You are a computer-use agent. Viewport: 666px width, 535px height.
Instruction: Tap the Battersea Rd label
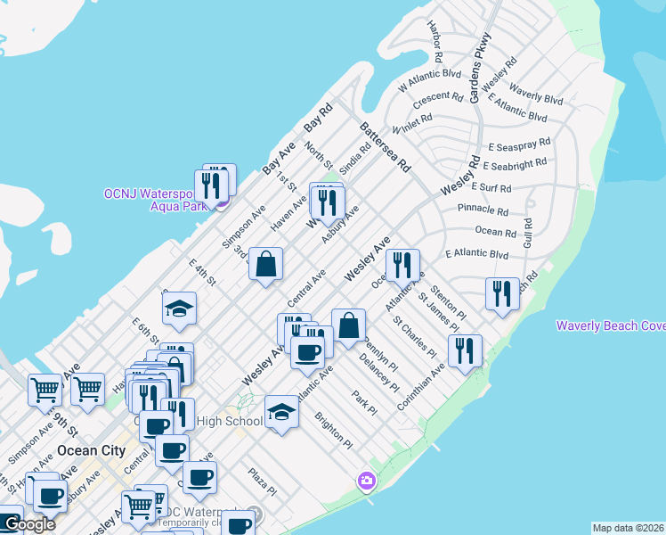coord(385,147)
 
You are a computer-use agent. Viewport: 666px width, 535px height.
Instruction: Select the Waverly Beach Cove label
coord(611,325)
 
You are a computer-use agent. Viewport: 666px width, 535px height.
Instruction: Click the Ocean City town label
coord(90,450)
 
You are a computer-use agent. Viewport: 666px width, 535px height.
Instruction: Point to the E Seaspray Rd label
coord(519,143)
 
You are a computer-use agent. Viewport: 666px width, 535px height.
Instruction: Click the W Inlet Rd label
coord(411,123)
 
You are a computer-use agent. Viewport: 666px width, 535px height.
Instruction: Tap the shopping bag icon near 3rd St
coord(265,264)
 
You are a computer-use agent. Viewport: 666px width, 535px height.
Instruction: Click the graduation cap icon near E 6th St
coord(179,309)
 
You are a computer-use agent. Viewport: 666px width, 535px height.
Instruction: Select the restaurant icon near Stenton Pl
coord(502,294)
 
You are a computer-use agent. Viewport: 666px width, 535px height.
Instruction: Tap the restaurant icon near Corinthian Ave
coord(465,350)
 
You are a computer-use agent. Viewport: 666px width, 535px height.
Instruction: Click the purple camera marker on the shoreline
coord(366,481)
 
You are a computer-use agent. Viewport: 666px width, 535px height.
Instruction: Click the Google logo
coord(28,524)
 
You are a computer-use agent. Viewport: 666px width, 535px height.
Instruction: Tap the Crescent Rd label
coord(437,96)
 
